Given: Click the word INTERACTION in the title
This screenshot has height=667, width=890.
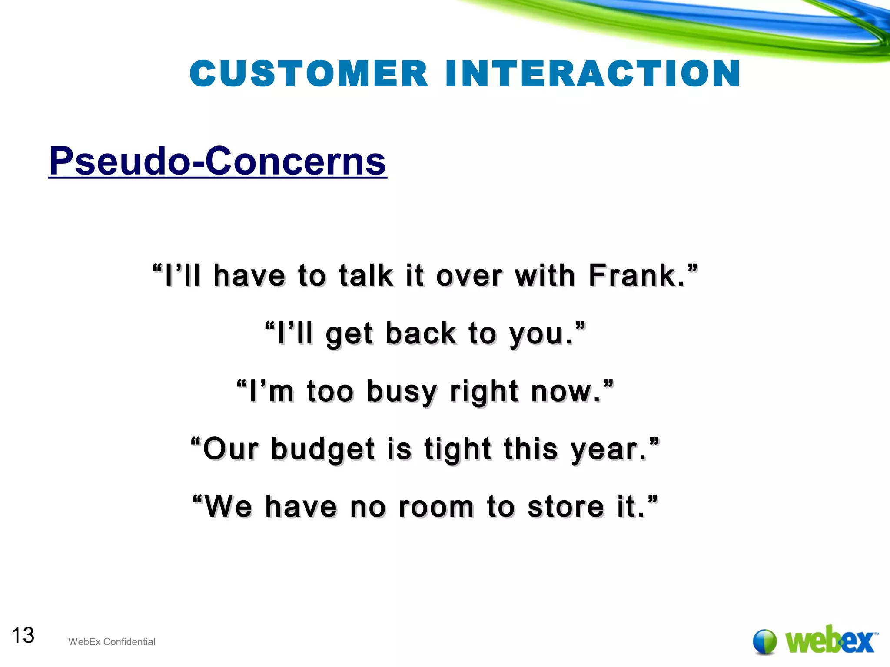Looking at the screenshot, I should point(593,73).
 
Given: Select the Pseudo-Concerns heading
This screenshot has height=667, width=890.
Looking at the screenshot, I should point(218,161).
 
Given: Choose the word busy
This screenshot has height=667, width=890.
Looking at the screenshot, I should point(402,392).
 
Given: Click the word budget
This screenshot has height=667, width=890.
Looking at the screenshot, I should point(323,449).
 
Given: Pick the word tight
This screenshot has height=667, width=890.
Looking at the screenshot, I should point(458,449).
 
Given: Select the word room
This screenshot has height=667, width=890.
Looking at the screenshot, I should point(436,507).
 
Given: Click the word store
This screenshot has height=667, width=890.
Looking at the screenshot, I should point(565,507).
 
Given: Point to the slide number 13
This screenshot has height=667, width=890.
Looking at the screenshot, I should point(23,635).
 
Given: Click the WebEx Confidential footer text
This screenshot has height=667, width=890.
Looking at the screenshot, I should point(112,642).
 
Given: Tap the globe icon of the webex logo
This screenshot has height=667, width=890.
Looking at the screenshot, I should point(764,641).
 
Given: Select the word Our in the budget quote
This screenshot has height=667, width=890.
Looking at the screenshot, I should point(231,449).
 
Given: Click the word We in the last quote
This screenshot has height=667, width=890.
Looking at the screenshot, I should point(228,507).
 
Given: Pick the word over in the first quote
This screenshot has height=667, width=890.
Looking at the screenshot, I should point(469,276).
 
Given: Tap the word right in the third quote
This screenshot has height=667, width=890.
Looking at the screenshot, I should point(484,392).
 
